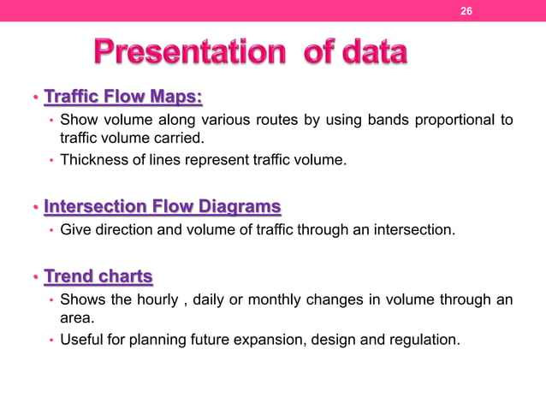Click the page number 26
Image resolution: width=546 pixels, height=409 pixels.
tap(466, 11)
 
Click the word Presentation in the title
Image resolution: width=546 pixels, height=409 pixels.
tap(185, 54)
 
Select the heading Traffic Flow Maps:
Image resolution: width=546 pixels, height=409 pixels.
tap(122, 95)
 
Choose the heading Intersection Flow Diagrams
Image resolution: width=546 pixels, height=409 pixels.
tap(162, 206)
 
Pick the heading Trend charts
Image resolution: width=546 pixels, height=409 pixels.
tap(98, 276)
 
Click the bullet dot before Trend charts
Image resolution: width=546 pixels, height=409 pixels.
tap(36, 277)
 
